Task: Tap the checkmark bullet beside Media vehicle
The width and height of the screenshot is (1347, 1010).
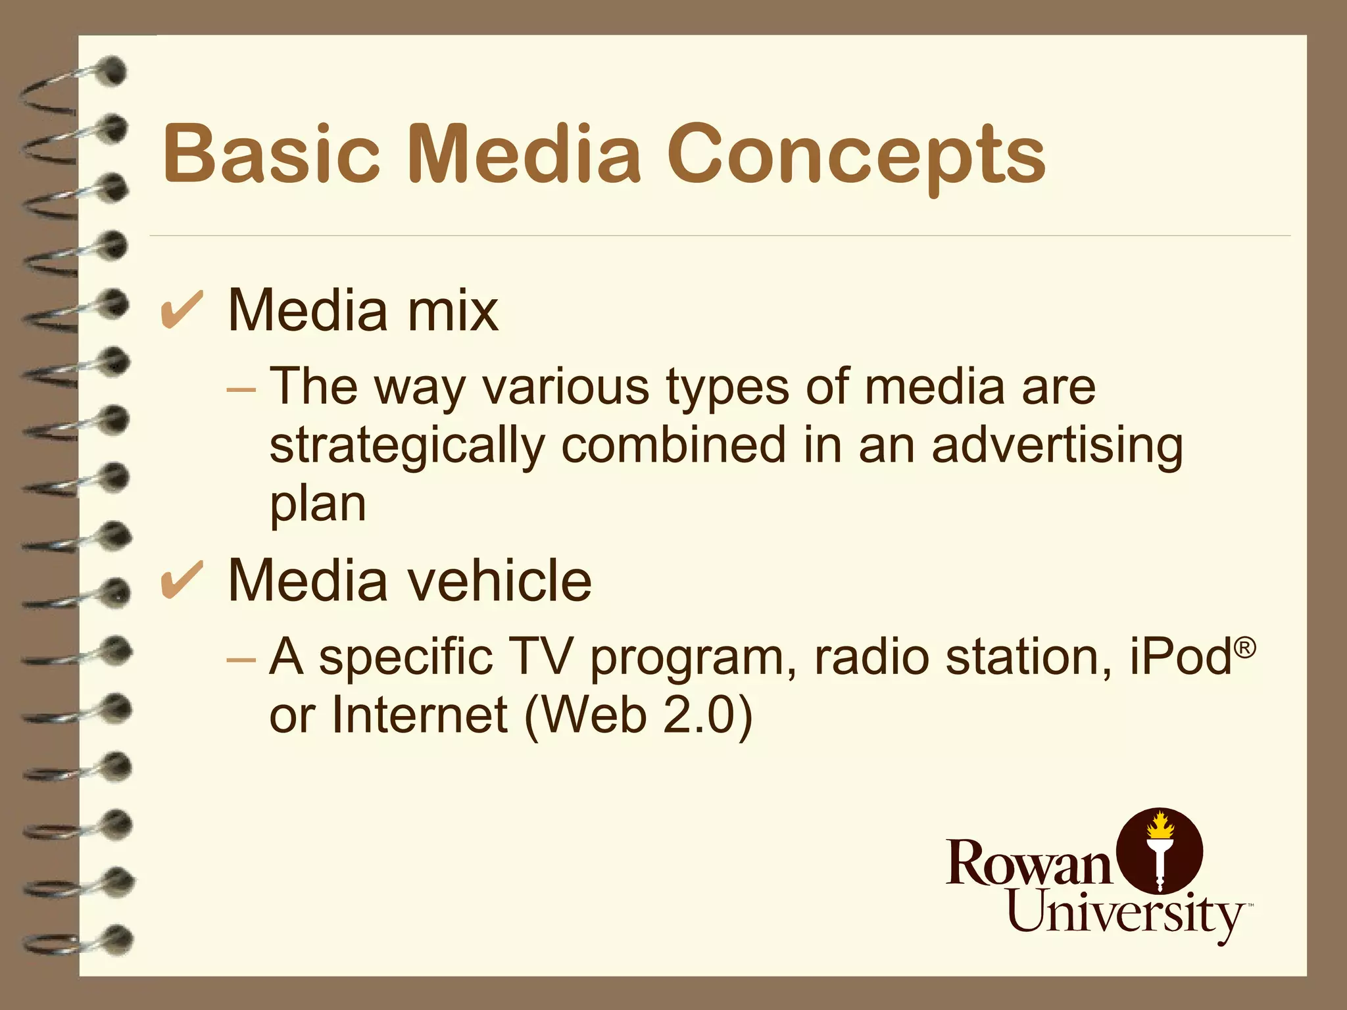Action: click(x=182, y=580)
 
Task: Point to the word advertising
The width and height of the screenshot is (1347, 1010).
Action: click(x=1057, y=446)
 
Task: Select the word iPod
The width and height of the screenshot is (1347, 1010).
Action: click(x=1180, y=656)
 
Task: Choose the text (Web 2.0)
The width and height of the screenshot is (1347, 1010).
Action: click(x=639, y=715)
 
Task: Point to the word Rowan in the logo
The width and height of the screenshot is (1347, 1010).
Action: click(x=1029, y=862)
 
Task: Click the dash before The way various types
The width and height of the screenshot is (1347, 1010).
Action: click(x=240, y=389)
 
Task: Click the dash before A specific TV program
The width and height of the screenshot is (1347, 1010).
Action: click(x=240, y=658)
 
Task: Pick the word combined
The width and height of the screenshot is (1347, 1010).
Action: click(x=673, y=446)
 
